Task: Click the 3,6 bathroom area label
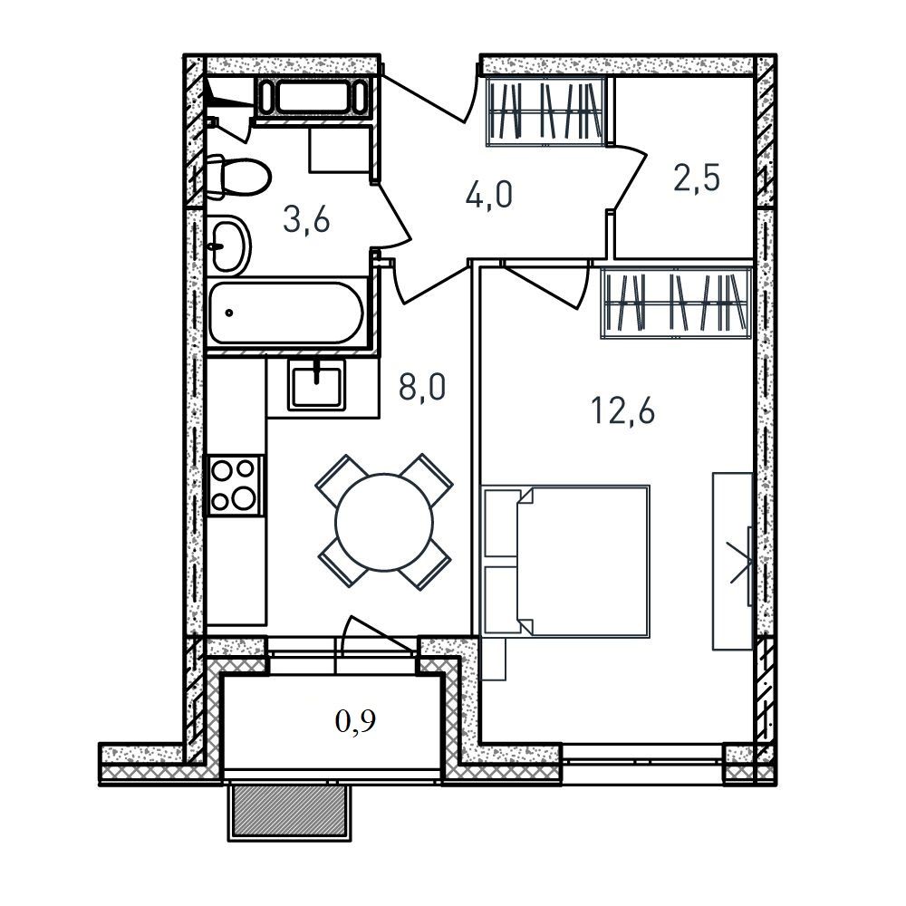(306, 220)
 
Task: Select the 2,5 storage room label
(697, 178)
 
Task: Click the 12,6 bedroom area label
(623, 411)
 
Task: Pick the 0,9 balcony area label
(356, 720)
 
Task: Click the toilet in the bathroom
(238, 178)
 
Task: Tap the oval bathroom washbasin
(228, 246)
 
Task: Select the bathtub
(287, 313)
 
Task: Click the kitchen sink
(316, 383)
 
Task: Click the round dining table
(384, 522)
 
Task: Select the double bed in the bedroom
(565, 561)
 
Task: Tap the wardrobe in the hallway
(545, 111)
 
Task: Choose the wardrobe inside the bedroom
(676, 303)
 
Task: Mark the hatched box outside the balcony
(290, 811)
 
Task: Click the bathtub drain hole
(229, 313)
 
